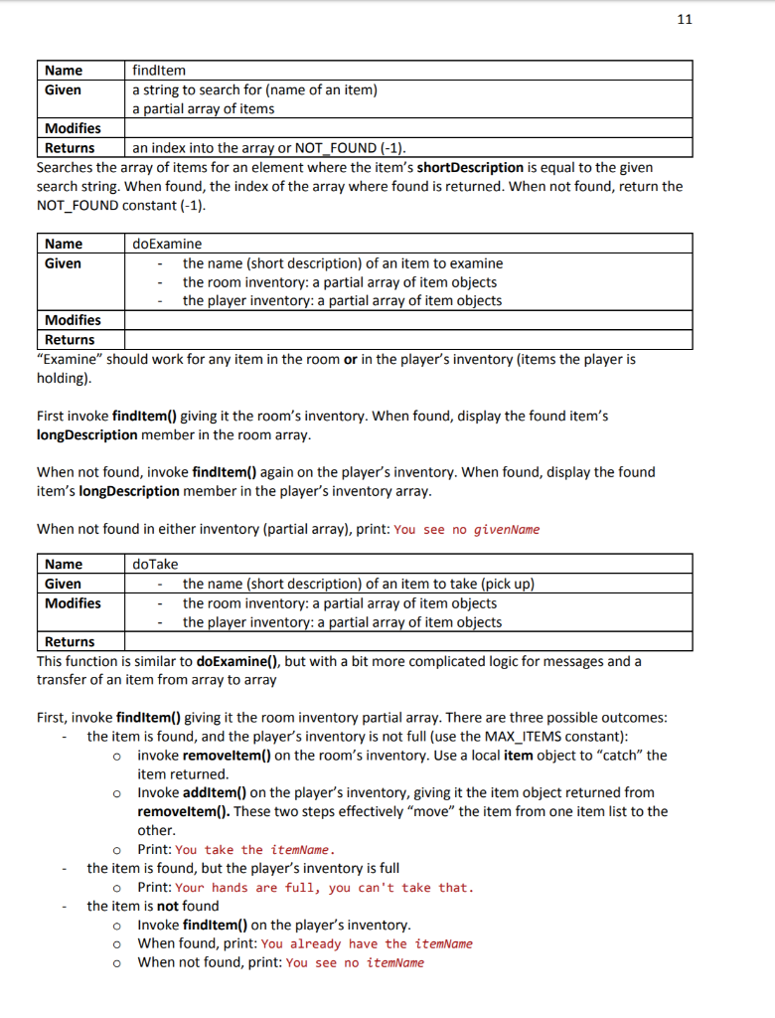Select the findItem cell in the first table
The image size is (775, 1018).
tap(159, 71)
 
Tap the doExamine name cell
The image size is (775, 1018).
tap(167, 244)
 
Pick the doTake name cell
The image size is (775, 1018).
tap(155, 565)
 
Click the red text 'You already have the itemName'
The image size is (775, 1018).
tap(367, 943)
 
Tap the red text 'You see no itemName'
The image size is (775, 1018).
tap(354, 962)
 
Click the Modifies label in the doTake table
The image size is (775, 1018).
tap(73, 603)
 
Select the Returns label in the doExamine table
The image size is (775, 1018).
tap(70, 339)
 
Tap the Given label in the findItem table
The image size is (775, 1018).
tap(63, 89)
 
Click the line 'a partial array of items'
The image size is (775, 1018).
tap(204, 108)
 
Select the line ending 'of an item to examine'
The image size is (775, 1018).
tap(342, 263)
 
